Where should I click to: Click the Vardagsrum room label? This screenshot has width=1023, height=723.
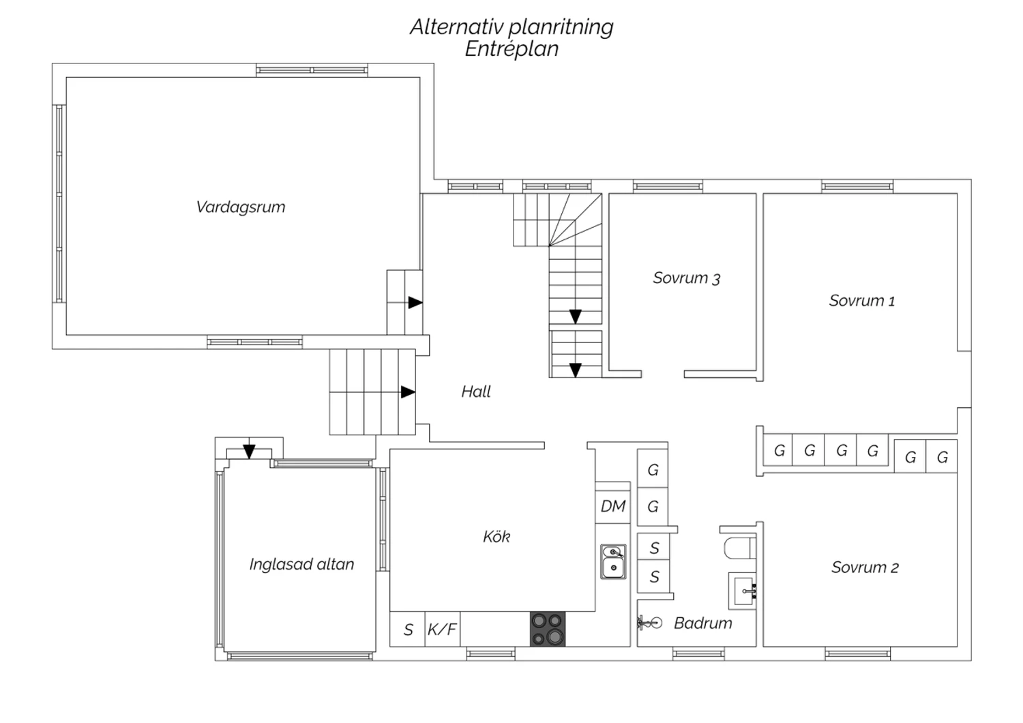[240, 207]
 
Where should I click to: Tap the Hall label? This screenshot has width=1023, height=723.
[476, 392]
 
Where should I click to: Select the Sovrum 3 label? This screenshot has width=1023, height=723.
[686, 278]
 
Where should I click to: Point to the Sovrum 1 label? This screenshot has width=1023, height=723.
[861, 301]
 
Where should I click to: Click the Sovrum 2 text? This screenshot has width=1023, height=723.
[865, 567]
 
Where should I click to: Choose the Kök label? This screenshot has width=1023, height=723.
[496, 537]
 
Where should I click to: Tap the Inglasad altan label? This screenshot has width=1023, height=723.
[301, 565]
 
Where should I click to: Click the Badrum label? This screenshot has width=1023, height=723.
[702, 623]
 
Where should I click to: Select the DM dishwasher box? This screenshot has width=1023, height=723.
[612, 506]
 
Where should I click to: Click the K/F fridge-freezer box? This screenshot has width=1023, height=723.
[442, 629]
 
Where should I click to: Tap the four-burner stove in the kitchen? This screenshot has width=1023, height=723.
[548, 629]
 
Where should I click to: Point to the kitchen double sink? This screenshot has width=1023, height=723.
[613, 562]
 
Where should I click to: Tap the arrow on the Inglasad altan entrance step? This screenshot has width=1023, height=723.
[249, 452]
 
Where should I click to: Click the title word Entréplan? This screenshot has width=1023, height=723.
[512, 49]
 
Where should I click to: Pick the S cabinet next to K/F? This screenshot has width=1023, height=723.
[408, 629]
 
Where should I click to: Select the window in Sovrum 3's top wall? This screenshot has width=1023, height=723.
[668, 186]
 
